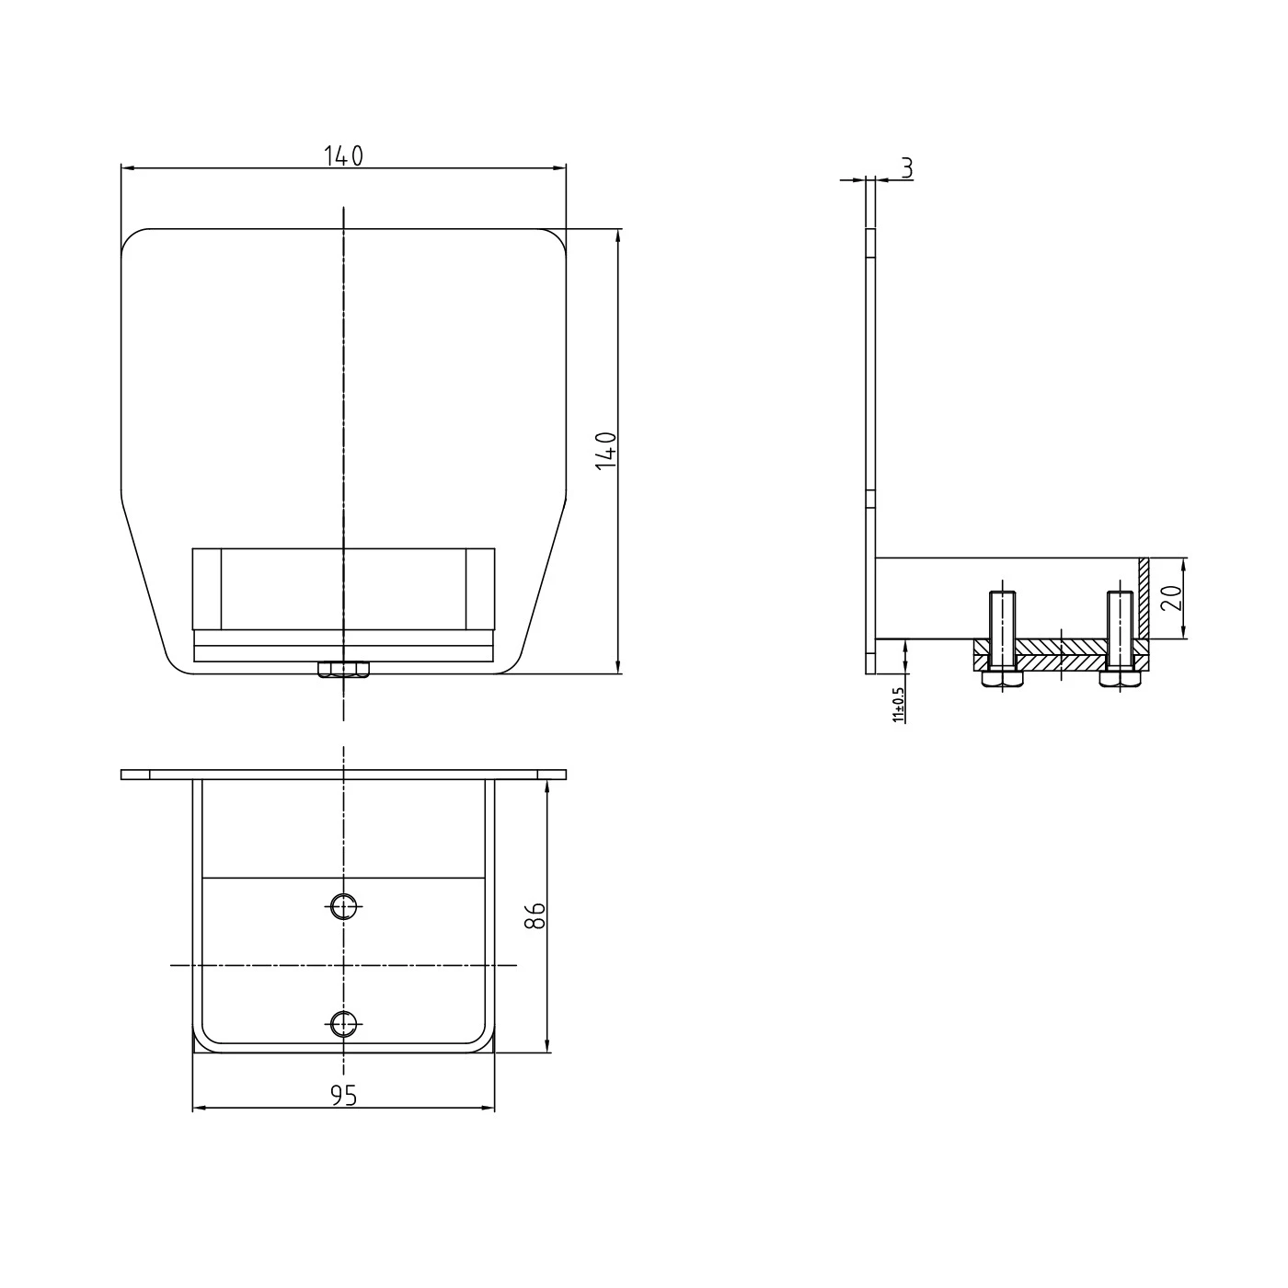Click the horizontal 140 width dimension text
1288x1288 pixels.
click(343, 155)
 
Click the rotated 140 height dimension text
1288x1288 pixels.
click(606, 451)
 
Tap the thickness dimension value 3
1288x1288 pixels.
click(907, 167)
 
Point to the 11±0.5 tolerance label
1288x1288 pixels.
click(898, 705)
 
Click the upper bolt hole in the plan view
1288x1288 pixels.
click(343, 907)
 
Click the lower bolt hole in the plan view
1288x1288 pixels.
click(343, 1023)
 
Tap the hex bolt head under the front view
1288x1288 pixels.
click(343, 669)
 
